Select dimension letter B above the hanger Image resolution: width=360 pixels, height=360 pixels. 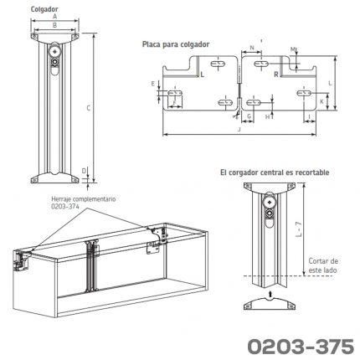point(54,26)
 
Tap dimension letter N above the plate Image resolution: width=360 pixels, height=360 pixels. point(252,50)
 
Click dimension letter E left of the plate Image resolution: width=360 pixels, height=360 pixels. point(153,83)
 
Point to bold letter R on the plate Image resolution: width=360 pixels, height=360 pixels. point(276,75)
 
